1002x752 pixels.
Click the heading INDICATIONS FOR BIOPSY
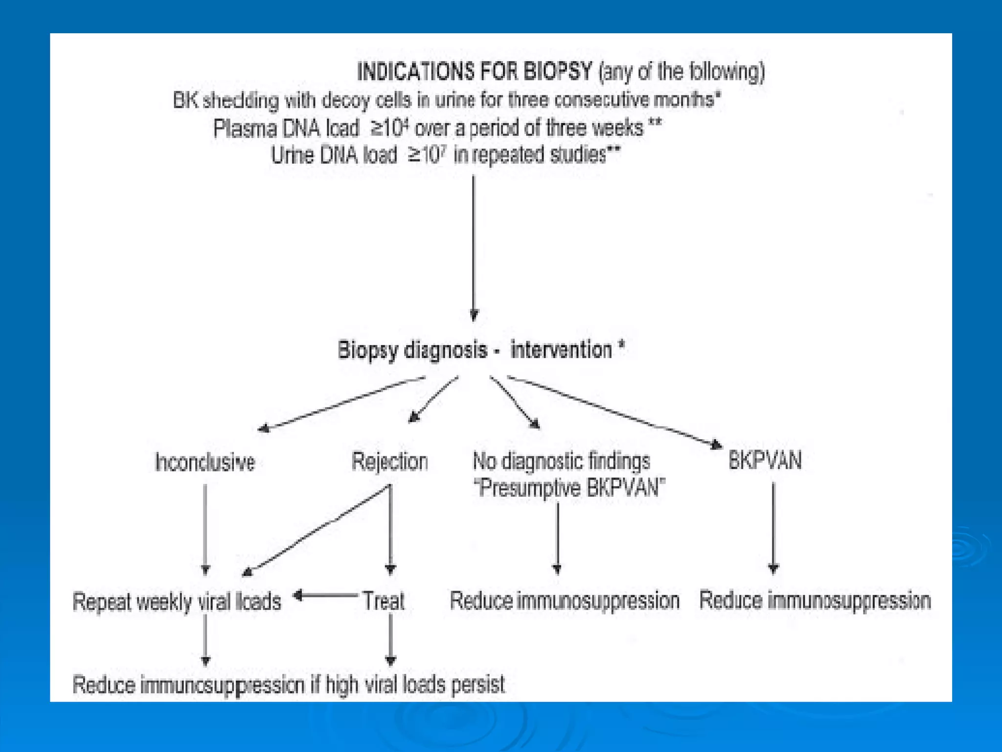pyautogui.click(x=475, y=72)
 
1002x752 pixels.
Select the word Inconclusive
pyautogui.click(x=205, y=462)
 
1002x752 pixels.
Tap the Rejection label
pyautogui.click(x=390, y=462)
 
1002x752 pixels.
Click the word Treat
pyautogui.click(x=384, y=601)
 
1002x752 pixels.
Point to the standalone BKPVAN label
pyautogui.click(x=765, y=461)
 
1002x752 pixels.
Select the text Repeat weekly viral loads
pyautogui.click(x=177, y=602)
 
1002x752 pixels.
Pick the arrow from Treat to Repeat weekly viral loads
pyautogui.click(x=325, y=595)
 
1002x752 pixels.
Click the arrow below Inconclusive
pyautogui.click(x=205, y=529)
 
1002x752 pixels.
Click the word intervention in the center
pyautogui.click(x=561, y=350)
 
